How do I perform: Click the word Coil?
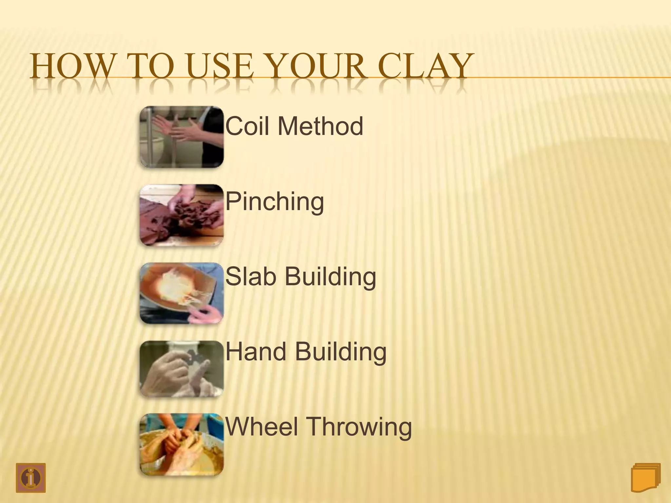(248, 126)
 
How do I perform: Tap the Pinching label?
(275, 202)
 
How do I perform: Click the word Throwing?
(360, 427)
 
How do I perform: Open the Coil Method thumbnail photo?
(182, 137)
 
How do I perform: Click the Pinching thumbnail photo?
(182, 215)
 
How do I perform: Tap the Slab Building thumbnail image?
(182, 293)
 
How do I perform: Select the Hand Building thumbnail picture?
(182, 369)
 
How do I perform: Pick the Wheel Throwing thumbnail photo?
(182, 444)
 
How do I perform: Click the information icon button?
(31, 478)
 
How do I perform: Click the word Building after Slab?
(330, 277)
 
